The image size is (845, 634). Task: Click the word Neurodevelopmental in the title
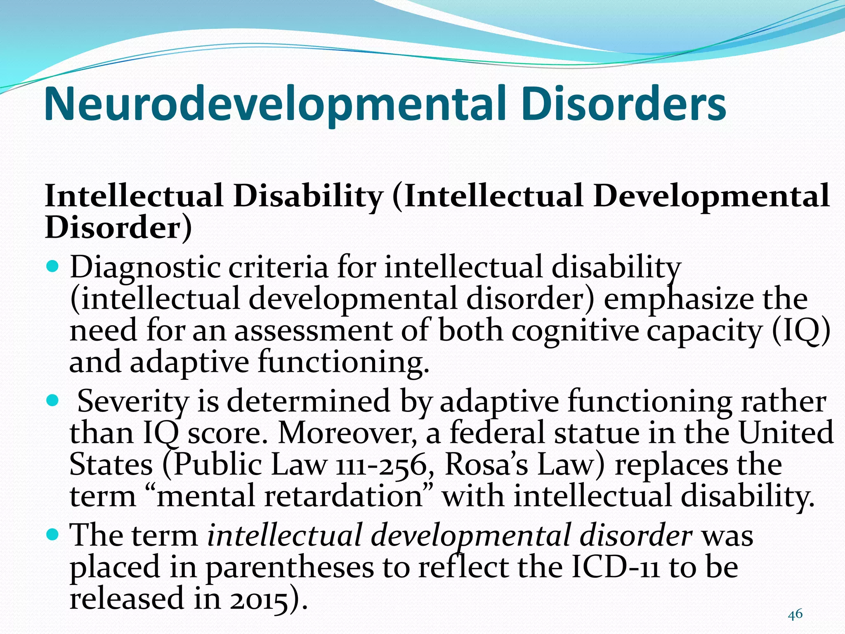pyautogui.click(x=275, y=104)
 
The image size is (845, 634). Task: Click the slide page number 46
pyautogui.click(x=795, y=615)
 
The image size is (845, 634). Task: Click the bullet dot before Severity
pyautogui.click(x=53, y=400)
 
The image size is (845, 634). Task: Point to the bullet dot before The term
pyautogui.click(x=53, y=535)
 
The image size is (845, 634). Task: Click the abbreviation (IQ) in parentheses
pyautogui.click(x=800, y=331)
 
